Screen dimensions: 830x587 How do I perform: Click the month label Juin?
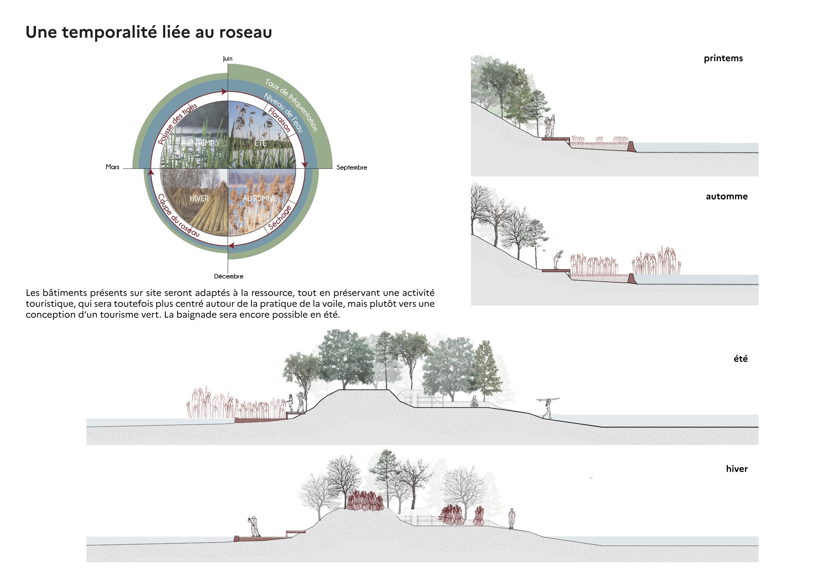click(227, 59)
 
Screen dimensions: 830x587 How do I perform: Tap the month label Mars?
click(113, 167)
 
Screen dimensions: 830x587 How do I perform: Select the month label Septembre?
click(351, 167)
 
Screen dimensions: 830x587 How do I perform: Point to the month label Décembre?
click(228, 276)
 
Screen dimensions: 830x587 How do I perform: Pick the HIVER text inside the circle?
click(199, 198)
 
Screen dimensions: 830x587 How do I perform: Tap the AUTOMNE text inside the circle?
click(260, 198)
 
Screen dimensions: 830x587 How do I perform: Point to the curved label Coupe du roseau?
click(178, 216)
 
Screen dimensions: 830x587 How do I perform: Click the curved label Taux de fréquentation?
click(291, 105)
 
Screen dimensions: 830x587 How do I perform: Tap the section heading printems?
click(723, 59)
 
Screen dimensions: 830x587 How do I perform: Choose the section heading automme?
click(726, 197)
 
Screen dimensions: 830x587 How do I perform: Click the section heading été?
click(740, 359)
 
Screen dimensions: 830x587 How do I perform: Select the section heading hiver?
click(737, 469)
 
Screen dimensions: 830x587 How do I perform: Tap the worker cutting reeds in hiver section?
click(255, 527)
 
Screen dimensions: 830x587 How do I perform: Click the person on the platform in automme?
click(558, 260)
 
